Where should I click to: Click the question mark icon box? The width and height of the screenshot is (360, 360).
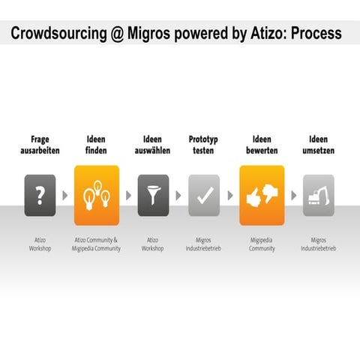click(x=40, y=195)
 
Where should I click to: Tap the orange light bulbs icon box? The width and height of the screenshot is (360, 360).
click(x=97, y=195)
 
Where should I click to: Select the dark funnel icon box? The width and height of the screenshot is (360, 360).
click(x=153, y=195)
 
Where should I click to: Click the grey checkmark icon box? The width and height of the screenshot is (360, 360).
click(x=203, y=195)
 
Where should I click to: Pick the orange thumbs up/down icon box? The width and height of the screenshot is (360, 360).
click(x=262, y=195)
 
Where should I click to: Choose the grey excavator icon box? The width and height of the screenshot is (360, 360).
click(x=318, y=195)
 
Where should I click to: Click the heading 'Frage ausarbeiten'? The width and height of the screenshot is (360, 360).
click(x=40, y=145)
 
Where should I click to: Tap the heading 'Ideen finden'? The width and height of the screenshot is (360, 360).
click(x=97, y=145)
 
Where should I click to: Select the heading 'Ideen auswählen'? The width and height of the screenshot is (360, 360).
click(x=153, y=145)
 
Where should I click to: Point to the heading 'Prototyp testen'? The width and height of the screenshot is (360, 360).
click(x=203, y=145)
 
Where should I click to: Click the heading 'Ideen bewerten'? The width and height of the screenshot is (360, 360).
click(x=262, y=145)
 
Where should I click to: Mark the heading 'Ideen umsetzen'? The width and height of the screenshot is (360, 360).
click(x=318, y=145)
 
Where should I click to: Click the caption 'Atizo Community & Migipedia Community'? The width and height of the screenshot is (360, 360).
click(x=97, y=244)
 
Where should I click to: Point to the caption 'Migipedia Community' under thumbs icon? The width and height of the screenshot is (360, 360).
click(x=262, y=244)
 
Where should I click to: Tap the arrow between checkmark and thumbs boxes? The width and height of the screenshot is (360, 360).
click(x=230, y=196)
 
